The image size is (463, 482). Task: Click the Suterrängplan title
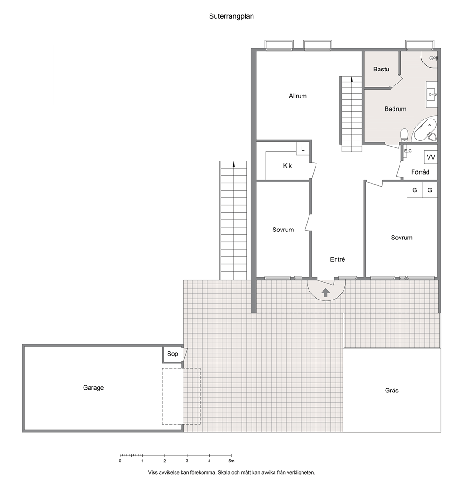(x=231, y=16)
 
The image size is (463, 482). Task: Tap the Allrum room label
(x=298, y=96)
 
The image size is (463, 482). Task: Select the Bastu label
(x=381, y=69)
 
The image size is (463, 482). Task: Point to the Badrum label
(x=395, y=109)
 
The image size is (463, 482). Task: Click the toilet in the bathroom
(x=404, y=135)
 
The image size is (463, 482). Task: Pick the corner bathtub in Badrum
(x=425, y=130)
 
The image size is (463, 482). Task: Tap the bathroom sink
(x=431, y=94)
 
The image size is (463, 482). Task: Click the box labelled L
(x=303, y=149)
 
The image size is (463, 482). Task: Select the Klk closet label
(x=288, y=166)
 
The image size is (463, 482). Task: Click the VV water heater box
(x=431, y=157)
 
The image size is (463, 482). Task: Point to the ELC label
(x=407, y=151)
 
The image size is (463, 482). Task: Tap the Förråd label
(x=420, y=172)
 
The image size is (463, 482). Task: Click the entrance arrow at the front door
(x=326, y=293)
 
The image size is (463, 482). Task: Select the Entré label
(x=337, y=260)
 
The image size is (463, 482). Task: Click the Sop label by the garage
(x=173, y=354)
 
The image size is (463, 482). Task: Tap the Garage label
(x=93, y=388)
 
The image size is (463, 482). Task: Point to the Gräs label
(x=392, y=391)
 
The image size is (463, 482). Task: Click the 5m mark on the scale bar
(x=231, y=461)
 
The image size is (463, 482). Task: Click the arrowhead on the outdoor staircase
(x=234, y=164)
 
